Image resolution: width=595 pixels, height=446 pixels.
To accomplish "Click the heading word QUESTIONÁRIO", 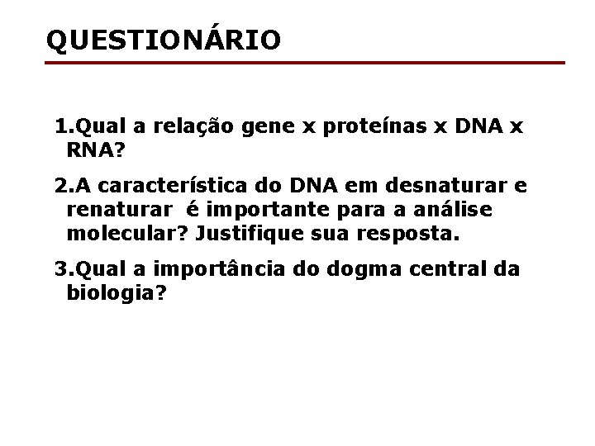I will pos(164,39).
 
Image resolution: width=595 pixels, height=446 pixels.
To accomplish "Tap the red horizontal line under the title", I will pos(306,63).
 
